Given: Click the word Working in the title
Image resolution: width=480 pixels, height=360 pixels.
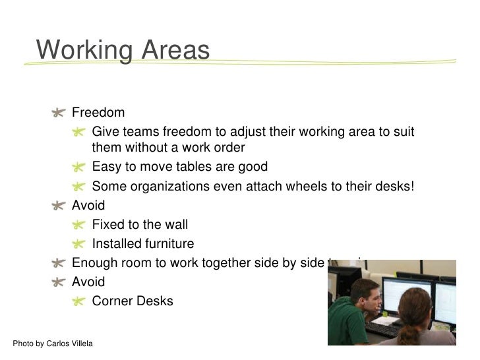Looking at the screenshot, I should coord(83,50).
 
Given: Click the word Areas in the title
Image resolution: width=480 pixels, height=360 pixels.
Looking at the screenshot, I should coord(174,50).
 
